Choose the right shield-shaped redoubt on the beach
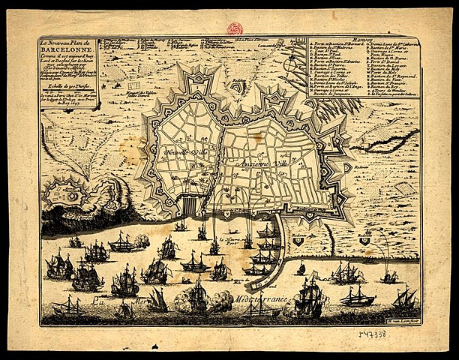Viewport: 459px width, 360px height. click(x=364, y=241)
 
